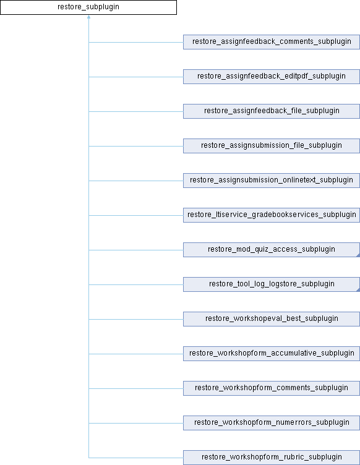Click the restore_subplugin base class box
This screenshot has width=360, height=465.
[x=88, y=7]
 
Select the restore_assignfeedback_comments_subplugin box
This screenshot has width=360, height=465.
[x=272, y=42]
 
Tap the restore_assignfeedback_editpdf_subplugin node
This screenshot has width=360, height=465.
[x=272, y=77]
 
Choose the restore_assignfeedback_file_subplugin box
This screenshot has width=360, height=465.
[x=272, y=111]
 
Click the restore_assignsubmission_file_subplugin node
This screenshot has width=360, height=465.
[x=272, y=146]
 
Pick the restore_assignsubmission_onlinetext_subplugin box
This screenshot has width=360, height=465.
[x=272, y=181]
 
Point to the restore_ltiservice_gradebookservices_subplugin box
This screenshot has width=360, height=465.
[x=272, y=215]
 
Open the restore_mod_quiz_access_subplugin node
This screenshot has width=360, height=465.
[x=272, y=250]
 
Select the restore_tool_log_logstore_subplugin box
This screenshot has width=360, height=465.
[x=272, y=284]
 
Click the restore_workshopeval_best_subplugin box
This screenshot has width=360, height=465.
[x=272, y=319]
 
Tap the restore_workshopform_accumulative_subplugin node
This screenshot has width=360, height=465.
[x=272, y=354]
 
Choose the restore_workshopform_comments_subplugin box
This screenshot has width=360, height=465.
[x=272, y=388]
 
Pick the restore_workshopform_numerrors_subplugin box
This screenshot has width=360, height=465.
[x=272, y=423]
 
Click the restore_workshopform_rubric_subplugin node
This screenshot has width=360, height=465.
[x=272, y=458]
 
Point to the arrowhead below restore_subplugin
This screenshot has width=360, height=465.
[x=88, y=17]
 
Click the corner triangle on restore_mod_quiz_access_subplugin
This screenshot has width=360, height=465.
[x=358, y=255]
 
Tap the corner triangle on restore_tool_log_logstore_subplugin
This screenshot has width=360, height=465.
[x=358, y=290]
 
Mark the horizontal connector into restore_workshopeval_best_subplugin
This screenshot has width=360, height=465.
[x=136, y=320]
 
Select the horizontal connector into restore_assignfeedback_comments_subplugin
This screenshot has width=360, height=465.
[x=136, y=43]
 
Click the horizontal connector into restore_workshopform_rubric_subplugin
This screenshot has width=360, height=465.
[x=136, y=458]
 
